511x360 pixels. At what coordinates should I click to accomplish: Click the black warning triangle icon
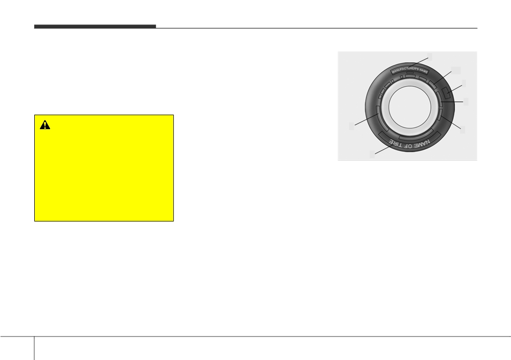coord(45,125)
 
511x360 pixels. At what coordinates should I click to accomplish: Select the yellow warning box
coord(104,168)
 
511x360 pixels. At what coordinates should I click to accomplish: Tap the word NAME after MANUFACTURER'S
coord(424,70)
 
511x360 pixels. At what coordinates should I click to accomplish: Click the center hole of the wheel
coord(410,107)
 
